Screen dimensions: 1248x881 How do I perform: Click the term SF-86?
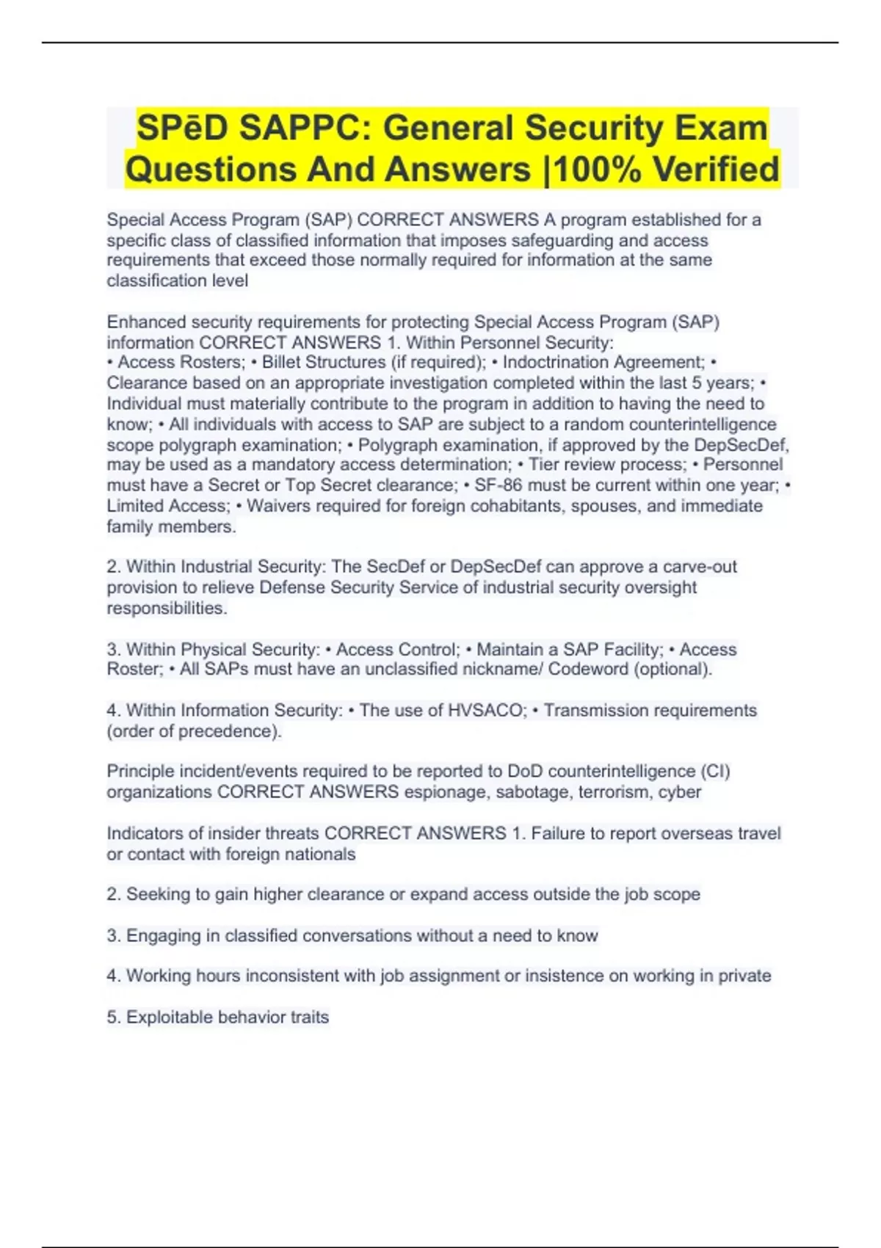click(x=498, y=485)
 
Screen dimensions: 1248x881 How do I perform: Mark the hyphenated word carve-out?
click(x=700, y=567)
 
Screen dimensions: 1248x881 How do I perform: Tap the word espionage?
click(x=446, y=792)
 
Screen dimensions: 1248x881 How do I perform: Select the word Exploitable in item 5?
click(x=169, y=1017)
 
